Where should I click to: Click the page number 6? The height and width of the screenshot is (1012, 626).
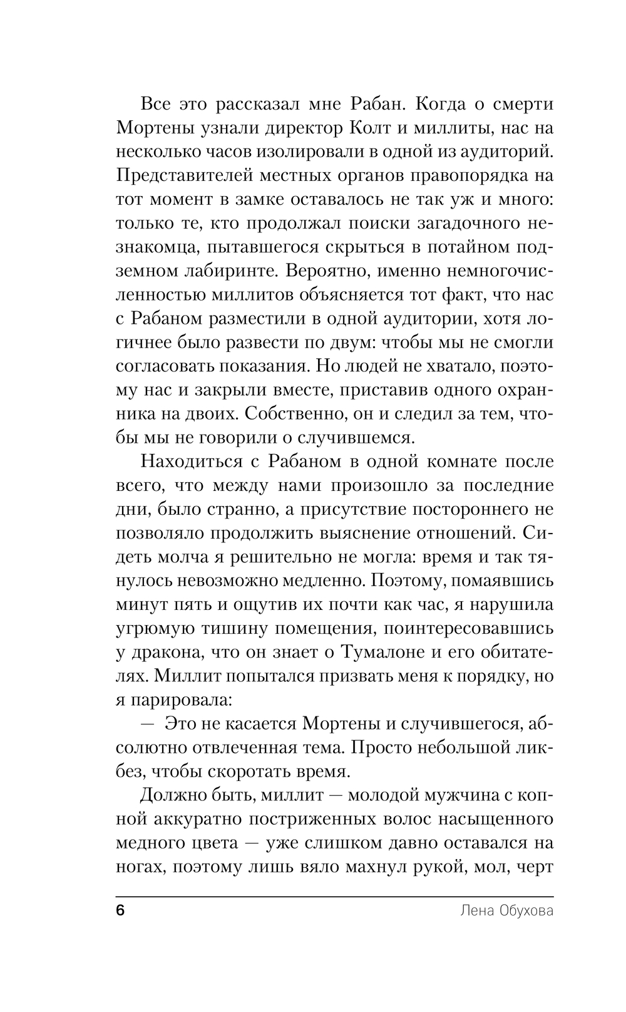[x=121, y=911]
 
